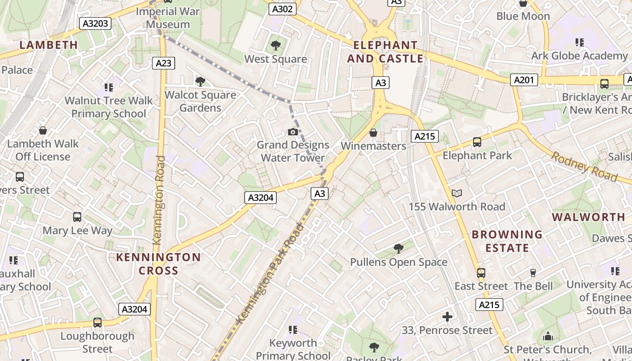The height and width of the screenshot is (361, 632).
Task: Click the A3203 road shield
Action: click(x=95, y=23)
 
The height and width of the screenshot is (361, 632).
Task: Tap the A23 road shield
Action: click(x=163, y=63)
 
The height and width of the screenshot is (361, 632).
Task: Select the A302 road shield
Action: click(x=283, y=9)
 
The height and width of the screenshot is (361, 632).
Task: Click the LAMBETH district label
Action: click(x=49, y=45)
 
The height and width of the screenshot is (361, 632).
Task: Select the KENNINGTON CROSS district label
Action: click(x=158, y=264)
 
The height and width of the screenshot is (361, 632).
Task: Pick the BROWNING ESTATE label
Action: click(x=507, y=241)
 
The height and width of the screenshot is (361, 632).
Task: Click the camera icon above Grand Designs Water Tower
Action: click(x=293, y=132)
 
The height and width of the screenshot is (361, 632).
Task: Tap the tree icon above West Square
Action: click(x=275, y=46)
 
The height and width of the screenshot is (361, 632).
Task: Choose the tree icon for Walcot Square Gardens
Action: click(x=200, y=82)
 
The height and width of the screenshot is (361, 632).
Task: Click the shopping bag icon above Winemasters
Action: click(x=373, y=133)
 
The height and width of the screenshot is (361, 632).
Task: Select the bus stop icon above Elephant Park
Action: click(x=477, y=143)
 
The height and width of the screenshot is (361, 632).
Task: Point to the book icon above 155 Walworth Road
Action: click(x=457, y=194)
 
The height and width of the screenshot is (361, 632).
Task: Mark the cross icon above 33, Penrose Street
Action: click(x=447, y=317)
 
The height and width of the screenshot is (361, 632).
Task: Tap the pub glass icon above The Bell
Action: click(x=533, y=273)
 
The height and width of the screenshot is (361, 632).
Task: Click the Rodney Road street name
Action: click(x=584, y=167)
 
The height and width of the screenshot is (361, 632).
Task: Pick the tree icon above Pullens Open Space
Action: click(x=398, y=249)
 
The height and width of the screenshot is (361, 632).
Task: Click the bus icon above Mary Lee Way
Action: click(x=77, y=217)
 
